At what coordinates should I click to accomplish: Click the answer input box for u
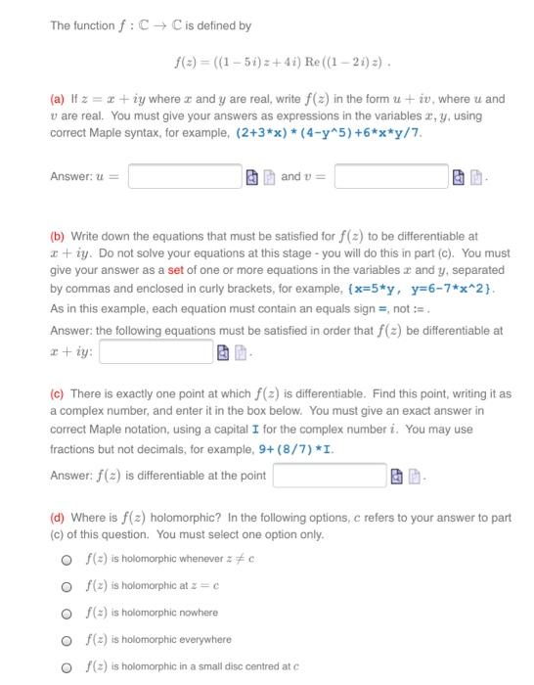point(184,176)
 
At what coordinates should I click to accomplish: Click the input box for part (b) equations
point(155,349)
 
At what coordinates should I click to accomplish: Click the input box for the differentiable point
point(328,476)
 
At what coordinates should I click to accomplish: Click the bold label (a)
point(58,99)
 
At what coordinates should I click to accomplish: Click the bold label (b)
point(58,236)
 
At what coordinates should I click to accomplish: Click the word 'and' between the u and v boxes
point(290,177)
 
